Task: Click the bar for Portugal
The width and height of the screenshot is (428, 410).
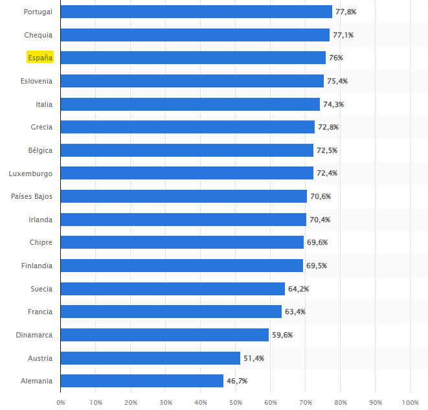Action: point(196,12)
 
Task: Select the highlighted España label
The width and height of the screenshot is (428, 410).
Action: point(39,58)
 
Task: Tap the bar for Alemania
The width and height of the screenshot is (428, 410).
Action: point(142,381)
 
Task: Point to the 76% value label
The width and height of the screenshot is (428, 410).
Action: point(335,58)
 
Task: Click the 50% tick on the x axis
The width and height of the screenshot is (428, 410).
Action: point(235,402)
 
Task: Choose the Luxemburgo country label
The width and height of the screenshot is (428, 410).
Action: point(30,174)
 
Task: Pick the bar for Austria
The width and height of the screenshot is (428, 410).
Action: point(150,358)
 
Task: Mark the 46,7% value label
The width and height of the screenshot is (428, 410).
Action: point(237,381)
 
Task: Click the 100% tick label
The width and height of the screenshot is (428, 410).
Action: point(410,402)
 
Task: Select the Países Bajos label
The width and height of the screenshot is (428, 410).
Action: point(32,196)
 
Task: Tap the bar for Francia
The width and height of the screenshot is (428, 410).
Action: point(171,312)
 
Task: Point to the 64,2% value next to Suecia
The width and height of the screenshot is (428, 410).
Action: point(298,289)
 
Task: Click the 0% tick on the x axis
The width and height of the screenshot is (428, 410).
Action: point(60,402)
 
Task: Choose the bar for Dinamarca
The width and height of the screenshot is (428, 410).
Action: point(164,335)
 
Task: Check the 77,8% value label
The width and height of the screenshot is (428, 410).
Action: point(346,12)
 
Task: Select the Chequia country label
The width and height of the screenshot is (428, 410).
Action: point(38,35)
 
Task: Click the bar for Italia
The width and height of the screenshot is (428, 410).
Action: point(190,104)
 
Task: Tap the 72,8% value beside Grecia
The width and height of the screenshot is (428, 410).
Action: point(328,127)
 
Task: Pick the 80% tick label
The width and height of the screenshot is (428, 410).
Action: point(340,402)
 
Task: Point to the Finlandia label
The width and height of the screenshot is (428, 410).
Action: point(37,266)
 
